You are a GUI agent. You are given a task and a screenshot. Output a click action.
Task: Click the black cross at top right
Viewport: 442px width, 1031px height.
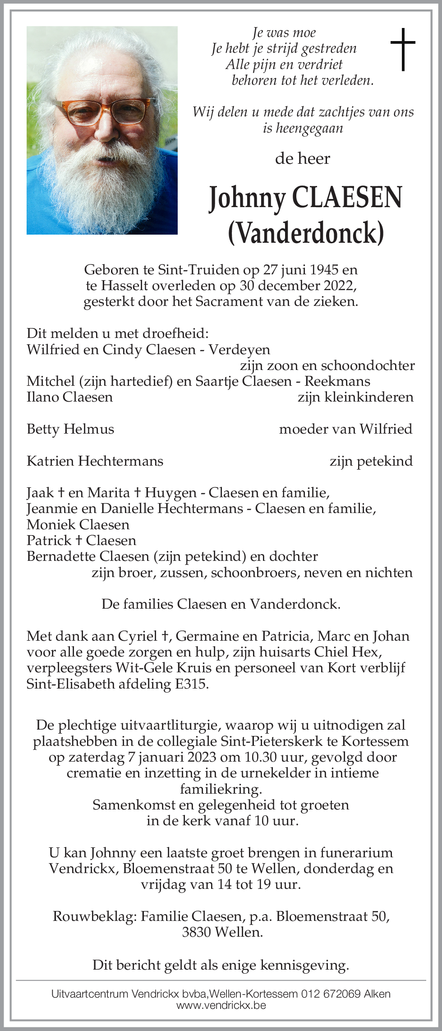click(x=403, y=49)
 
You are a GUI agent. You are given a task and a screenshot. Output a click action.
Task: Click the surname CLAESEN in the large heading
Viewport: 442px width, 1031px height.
click(x=347, y=198)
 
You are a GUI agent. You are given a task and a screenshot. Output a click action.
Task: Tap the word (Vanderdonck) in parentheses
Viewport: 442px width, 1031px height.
click(x=306, y=232)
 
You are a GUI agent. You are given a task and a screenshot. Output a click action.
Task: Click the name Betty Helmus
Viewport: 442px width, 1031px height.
click(x=70, y=429)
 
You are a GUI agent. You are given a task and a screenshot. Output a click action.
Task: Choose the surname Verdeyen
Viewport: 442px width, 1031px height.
click(x=239, y=350)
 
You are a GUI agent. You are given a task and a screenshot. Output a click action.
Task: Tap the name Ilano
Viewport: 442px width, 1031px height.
click(x=43, y=397)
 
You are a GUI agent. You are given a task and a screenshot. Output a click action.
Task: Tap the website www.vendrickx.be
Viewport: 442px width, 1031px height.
click(x=221, y=1005)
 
